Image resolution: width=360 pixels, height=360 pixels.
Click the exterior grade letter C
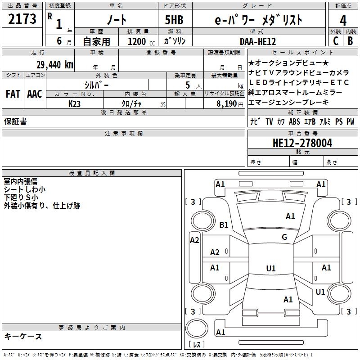(335, 40)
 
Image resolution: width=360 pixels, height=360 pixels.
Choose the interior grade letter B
(350, 40)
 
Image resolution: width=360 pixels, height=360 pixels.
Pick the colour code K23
(75, 103)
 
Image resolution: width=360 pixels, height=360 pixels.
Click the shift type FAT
(13, 94)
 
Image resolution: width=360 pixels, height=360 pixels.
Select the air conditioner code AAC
(35, 94)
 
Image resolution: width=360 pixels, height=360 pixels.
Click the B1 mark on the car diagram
(224, 225)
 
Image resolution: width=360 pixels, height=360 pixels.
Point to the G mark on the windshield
(284, 237)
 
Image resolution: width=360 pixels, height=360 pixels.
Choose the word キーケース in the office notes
(23, 336)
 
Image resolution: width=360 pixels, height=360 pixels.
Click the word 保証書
(15, 121)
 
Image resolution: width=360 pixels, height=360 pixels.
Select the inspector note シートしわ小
(25, 189)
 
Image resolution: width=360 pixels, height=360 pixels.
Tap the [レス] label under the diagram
(196, 345)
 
